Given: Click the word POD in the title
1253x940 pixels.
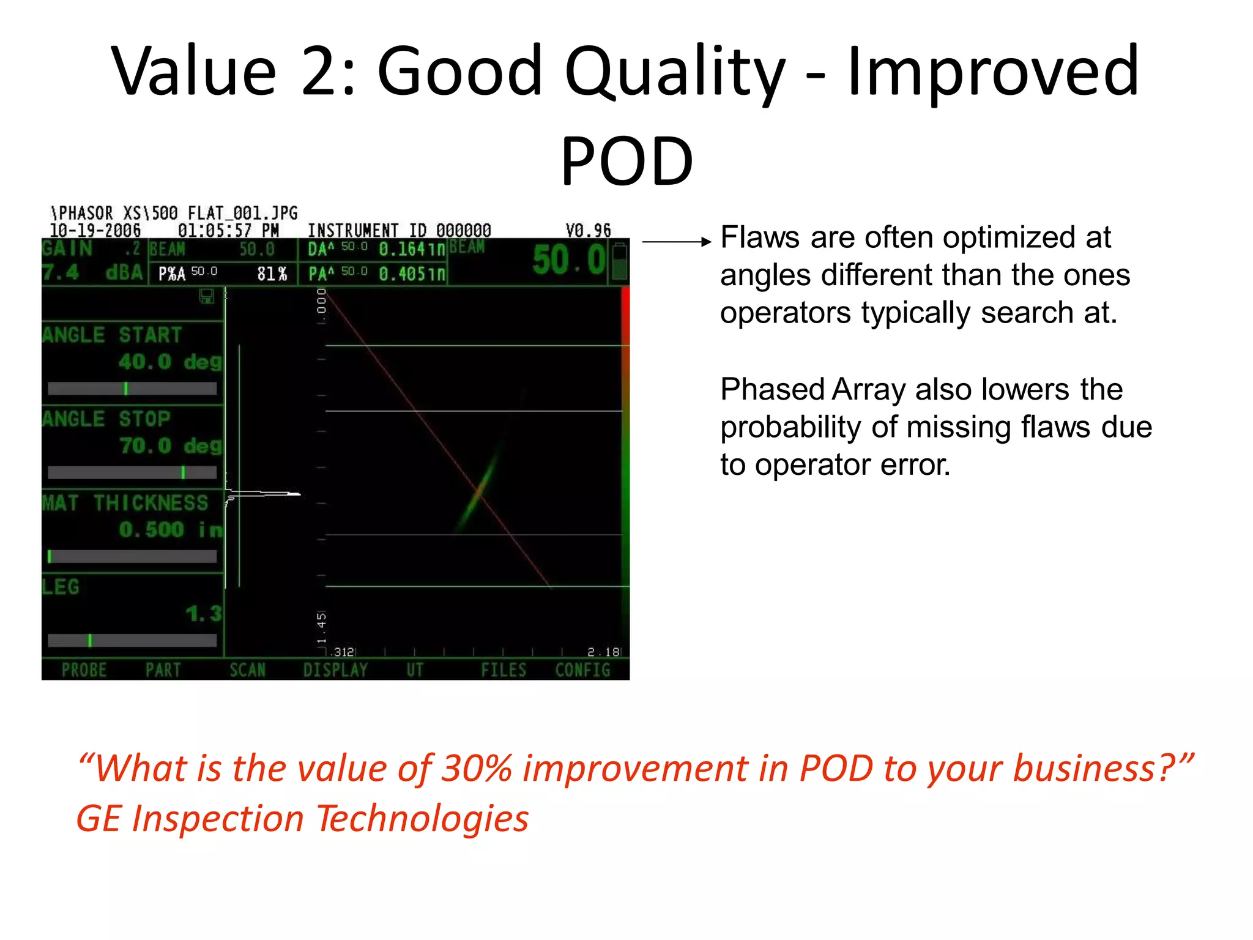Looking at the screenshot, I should click(626, 162).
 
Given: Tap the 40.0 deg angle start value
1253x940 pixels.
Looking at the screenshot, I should click(170, 362).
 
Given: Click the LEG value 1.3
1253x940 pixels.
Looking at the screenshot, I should click(204, 613).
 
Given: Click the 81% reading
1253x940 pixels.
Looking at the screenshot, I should click(272, 274).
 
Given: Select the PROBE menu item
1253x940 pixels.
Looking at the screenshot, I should click(84, 670).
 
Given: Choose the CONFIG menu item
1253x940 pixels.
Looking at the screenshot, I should click(582, 670).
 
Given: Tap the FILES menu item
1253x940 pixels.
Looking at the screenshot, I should click(503, 670).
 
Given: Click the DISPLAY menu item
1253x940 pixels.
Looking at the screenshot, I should click(335, 670).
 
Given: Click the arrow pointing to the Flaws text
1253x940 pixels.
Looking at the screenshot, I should click(676, 242).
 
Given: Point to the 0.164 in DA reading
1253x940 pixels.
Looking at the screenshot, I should click(411, 249).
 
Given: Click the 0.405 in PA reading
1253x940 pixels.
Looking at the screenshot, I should click(411, 274).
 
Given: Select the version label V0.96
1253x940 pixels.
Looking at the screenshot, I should click(588, 231).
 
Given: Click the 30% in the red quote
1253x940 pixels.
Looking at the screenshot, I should click(477, 769).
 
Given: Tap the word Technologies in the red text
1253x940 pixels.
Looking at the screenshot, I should click(422, 819).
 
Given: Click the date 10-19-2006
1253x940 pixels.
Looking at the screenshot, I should click(95, 231).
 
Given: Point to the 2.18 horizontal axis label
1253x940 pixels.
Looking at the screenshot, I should click(603, 652).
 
